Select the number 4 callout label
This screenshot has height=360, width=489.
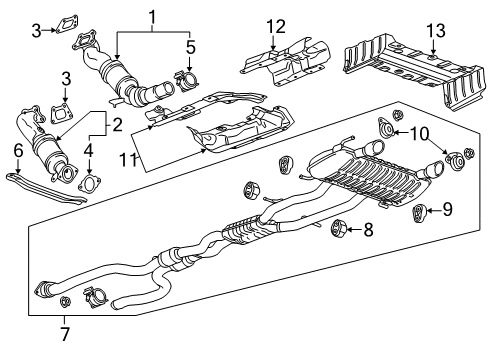click(88, 150)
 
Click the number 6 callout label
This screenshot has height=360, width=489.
click(18, 151)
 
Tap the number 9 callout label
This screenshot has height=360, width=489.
click(447, 210)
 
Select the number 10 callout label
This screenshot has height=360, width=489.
click(421, 132)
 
